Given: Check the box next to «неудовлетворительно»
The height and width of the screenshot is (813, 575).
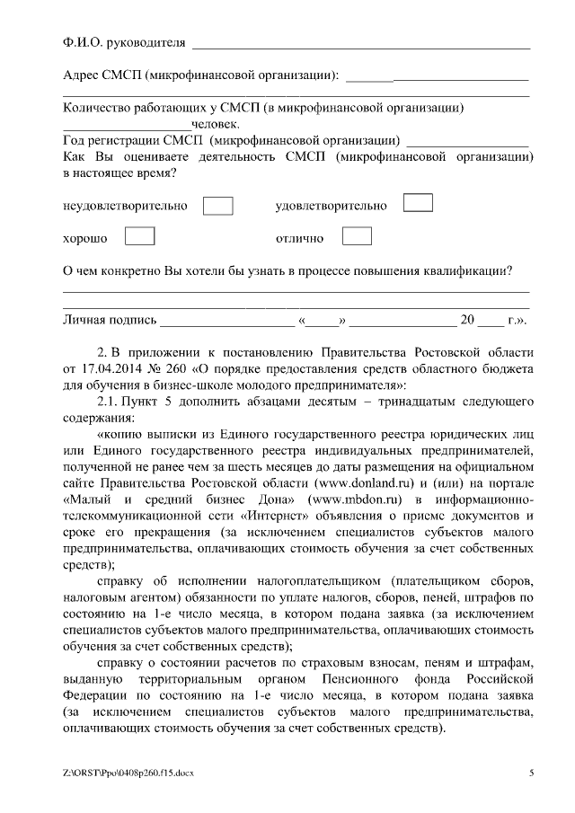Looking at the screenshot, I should (218, 206).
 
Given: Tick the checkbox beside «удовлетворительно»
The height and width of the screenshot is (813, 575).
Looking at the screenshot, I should (418, 202).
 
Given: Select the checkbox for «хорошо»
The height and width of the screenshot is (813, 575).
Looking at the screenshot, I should (139, 236).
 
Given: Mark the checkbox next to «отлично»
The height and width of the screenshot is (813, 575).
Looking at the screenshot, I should (357, 236).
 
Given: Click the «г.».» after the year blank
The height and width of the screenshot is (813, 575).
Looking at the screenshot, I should (517, 320).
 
